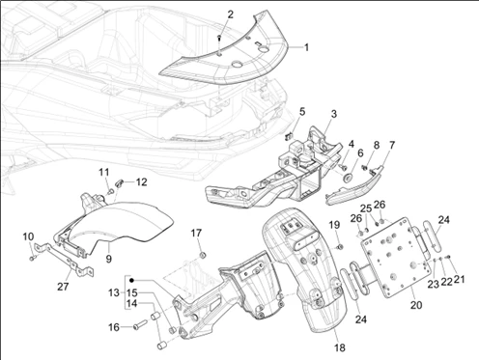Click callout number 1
click(306, 47)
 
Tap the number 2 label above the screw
click(230, 14)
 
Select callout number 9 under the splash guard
click(109, 259)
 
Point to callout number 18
click(340, 347)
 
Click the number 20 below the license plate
click(416, 305)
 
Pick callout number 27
click(63, 287)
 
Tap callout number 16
click(113, 327)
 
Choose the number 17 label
click(196, 233)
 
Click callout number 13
click(114, 293)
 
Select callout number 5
click(302, 112)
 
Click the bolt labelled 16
click(141, 324)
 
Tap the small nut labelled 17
click(203, 255)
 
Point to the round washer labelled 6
click(348, 178)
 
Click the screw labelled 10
click(32, 258)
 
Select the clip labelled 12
click(119, 183)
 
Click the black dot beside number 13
click(131, 280)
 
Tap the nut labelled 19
click(339, 247)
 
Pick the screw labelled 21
click(448, 257)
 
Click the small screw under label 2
click(219, 38)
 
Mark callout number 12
click(141, 182)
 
